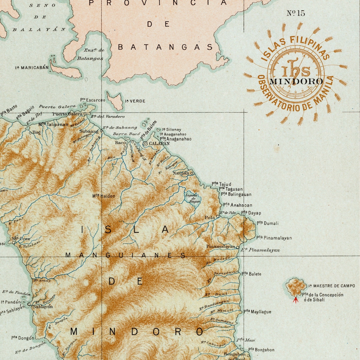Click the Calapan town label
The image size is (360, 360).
click(x=159, y=144)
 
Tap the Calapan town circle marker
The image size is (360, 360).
click(x=145, y=144)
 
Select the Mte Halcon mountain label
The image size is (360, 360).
click(x=104, y=196)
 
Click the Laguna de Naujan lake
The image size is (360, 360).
click(x=193, y=198)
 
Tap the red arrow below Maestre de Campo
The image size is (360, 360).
click(x=295, y=300)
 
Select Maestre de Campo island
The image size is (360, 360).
click(x=296, y=287)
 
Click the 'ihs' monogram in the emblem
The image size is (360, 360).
click(x=296, y=70)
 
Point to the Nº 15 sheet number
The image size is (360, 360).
click(x=296, y=13)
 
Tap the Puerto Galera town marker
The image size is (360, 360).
click(x=85, y=114)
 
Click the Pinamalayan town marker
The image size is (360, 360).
click(x=238, y=247)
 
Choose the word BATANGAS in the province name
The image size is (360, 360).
click(x=165, y=47)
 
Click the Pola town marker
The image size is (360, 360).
click(x=218, y=216)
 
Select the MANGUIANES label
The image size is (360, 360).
click(x=125, y=255)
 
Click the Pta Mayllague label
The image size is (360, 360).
click(x=257, y=312)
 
